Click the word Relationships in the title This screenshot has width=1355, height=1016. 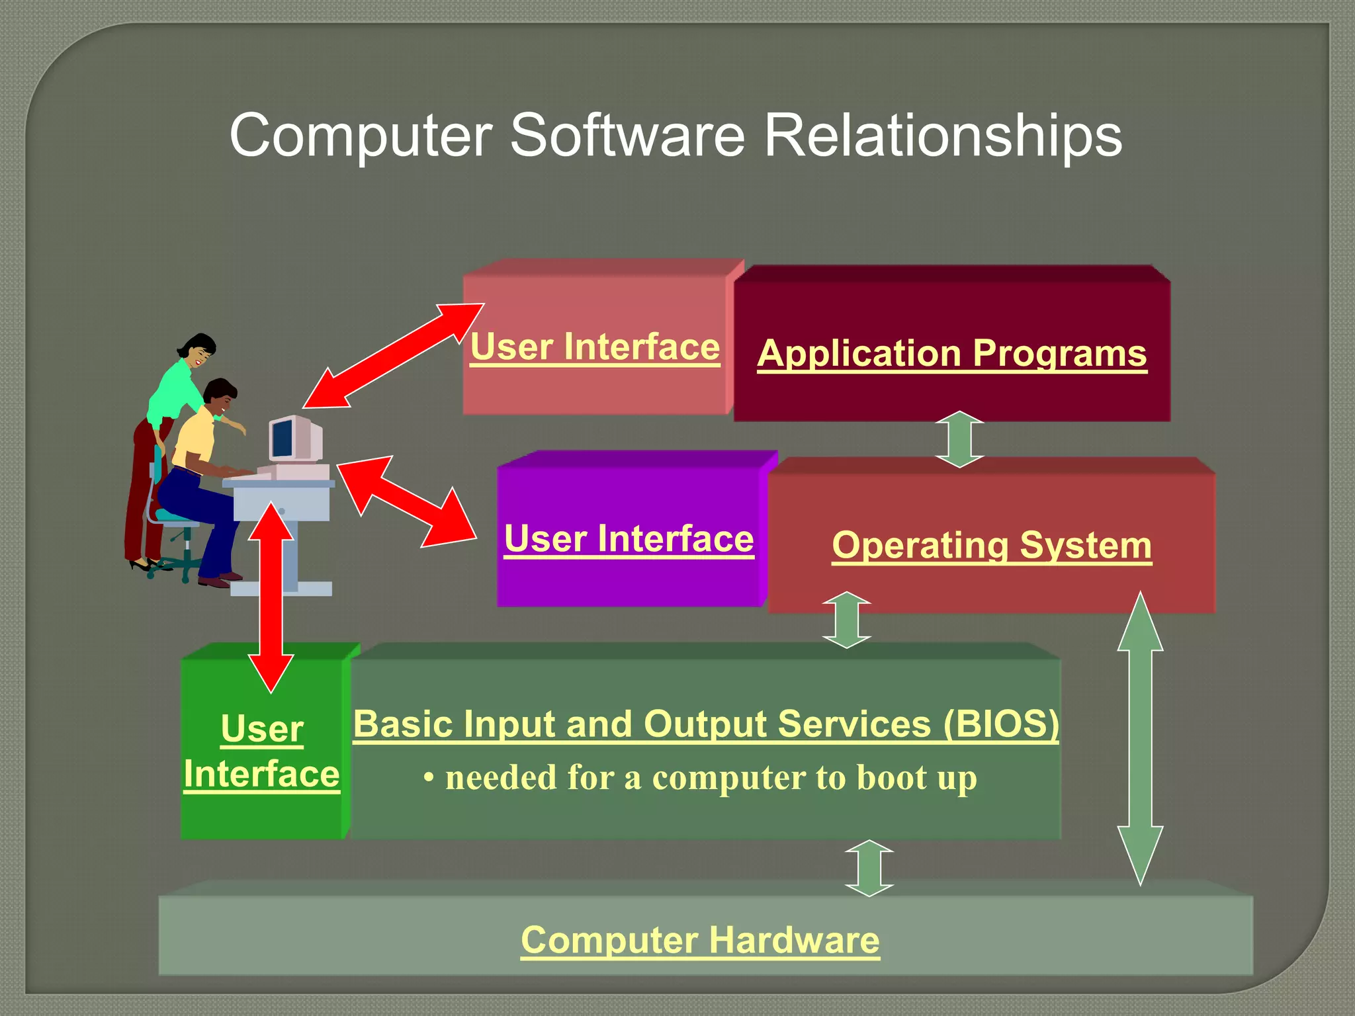pyautogui.click(x=942, y=136)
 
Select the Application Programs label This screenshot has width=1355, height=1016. pyautogui.click(x=951, y=353)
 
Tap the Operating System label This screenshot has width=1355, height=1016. pyautogui.click(x=991, y=546)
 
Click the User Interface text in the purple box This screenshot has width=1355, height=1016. pyautogui.click(x=629, y=539)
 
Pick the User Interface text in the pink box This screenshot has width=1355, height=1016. pyautogui.click(x=594, y=347)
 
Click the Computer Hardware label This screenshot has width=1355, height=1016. pyautogui.click(x=700, y=940)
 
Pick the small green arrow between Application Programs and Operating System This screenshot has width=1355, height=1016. pyautogui.click(x=959, y=439)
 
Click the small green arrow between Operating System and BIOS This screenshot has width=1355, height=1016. pyautogui.click(x=846, y=620)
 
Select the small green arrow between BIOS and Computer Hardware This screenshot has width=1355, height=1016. pyautogui.click(x=869, y=868)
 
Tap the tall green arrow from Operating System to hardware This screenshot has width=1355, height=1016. pyautogui.click(x=1140, y=738)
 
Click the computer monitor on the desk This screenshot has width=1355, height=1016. pyautogui.click(x=291, y=439)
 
